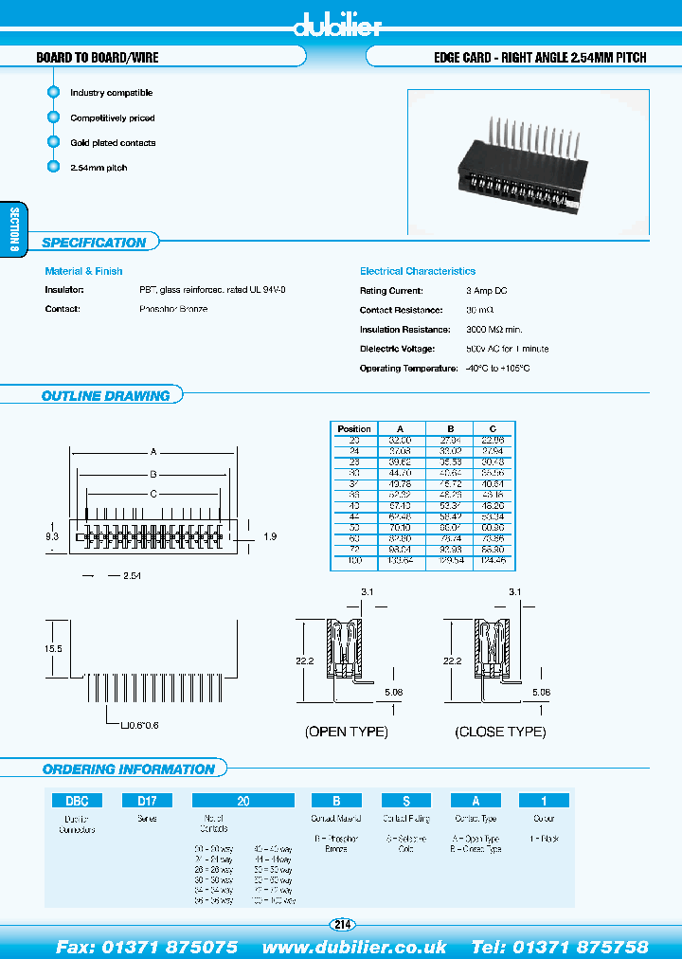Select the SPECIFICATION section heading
[x=94, y=244]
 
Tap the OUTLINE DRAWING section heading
[x=105, y=396]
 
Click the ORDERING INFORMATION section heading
[x=129, y=769]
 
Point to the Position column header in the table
[x=354, y=428]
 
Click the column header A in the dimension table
[x=400, y=428]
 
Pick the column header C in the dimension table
[x=492, y=428]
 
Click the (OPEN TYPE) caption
[x=347, y=732]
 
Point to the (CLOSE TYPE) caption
[x=501, y=732]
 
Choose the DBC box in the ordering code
[x=77, y=801]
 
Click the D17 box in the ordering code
[x=147, y=801]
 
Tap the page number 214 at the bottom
[x=341, y=924]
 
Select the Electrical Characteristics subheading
[x=418, y=271]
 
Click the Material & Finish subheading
[x=83, y=271]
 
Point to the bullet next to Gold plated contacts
[x=53, y=142]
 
